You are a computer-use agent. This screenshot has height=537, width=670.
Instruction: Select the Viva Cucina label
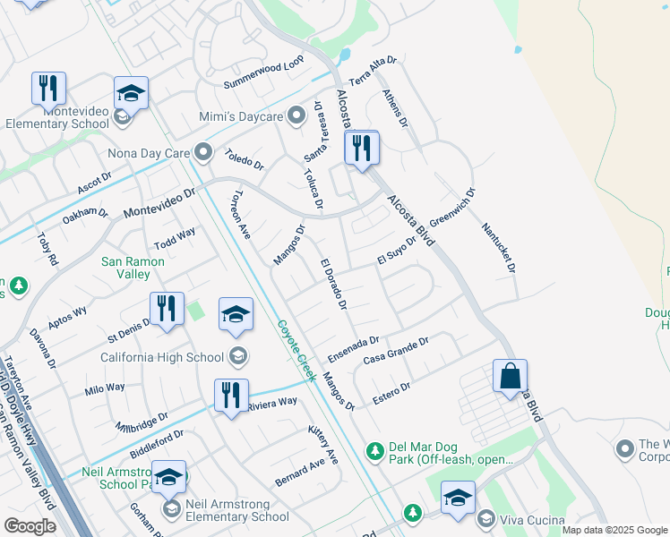(x=532, y=520)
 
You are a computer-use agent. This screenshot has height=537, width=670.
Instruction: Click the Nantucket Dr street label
(x=499, y=249)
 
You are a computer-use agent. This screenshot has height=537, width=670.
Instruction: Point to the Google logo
(x=30, y=526)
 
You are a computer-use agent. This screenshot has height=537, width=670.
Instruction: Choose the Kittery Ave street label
(x=322, y=445)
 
